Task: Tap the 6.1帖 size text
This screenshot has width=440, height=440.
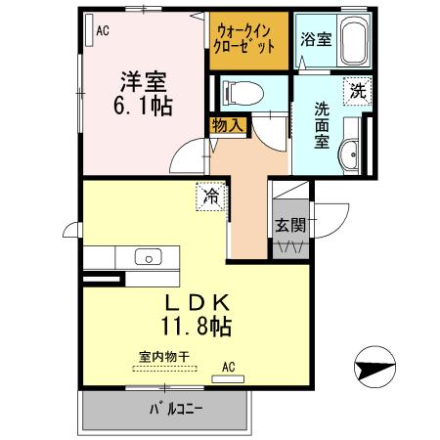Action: tap(142, 106)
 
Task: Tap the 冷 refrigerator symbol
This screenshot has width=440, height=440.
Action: tap(211, 196)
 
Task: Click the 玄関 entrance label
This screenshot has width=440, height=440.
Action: tap(290, 225)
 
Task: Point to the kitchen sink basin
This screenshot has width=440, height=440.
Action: tap(149, 258)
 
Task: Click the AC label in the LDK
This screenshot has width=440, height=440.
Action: tap(229, 368)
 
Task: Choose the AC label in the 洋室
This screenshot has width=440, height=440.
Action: tap(102, 30)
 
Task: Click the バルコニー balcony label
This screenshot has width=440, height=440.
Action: tap(176, 408)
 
